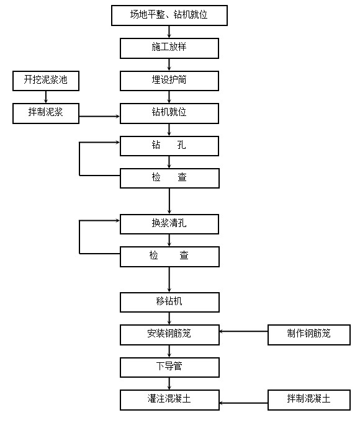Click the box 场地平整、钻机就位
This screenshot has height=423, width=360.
169,15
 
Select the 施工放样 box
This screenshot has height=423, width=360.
169,48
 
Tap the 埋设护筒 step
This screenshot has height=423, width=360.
169,81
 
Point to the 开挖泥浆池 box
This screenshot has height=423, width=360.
46,81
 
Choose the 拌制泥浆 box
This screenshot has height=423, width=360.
46,113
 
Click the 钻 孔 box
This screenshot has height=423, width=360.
169,146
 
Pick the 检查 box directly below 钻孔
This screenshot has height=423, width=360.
169,178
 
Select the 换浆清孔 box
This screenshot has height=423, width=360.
169,223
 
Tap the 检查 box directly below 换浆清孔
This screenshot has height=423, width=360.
169,256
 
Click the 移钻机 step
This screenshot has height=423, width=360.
169,302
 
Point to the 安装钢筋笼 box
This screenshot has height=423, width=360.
169,334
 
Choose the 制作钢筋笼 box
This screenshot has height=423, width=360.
308,334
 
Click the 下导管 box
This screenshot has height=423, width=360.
169,367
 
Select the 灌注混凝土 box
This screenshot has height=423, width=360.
169,399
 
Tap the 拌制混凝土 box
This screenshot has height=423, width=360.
308,399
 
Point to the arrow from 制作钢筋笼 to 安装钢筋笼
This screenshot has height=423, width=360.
243,331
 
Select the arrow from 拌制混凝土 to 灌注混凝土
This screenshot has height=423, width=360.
243,403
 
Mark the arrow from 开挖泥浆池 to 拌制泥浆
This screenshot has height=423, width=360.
46,97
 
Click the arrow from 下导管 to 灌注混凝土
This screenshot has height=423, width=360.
169,383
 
